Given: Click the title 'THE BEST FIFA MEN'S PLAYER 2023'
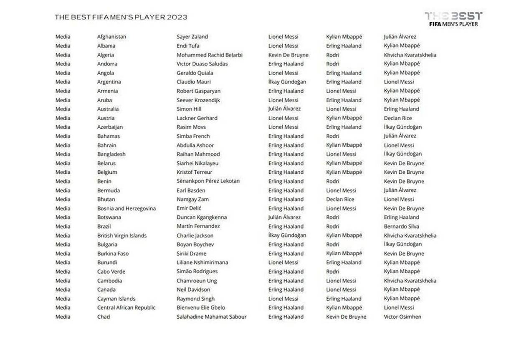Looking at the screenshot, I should pos(121,17).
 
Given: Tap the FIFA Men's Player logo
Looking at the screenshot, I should pos(453,19).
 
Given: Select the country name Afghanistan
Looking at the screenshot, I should pos(111,37).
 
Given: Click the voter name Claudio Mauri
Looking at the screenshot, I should pos(193,82).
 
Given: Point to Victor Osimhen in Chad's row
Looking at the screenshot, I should pos(402,317).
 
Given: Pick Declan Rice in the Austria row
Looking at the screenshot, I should pos(397,118).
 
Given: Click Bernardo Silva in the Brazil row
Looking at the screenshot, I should pos(401,226).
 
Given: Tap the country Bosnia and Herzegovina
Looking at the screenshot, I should pos(126,208).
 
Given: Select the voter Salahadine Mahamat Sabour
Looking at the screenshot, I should pos(211,317).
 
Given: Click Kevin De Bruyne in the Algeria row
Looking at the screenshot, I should pos(288,55).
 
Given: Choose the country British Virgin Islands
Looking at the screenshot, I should pos(122,236).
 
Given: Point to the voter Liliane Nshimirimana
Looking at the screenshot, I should pos(202,263).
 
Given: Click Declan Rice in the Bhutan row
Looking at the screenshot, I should pos(340,199).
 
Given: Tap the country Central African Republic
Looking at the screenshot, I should pos(126,308).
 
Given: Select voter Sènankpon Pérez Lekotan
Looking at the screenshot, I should pos(208,181).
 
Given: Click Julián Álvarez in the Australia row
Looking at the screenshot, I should pos(284,109).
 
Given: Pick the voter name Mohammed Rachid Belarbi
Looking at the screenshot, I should pos(209,55).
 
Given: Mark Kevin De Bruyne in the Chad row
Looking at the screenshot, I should pos(346,317).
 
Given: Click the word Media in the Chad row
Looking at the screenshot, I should pos(63,317).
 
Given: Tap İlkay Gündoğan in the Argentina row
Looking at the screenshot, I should pos(287,82).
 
